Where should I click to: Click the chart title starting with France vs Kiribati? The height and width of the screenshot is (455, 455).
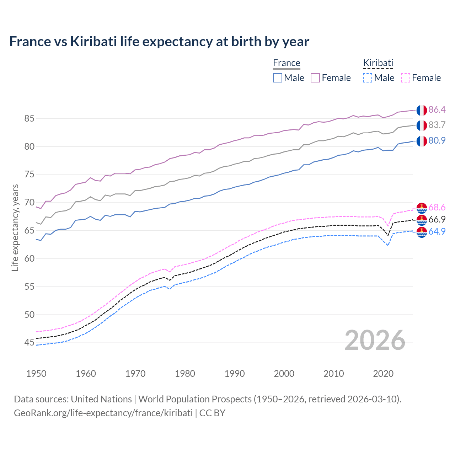pos(159,42)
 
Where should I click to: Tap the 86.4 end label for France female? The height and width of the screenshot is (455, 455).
pos(437,109)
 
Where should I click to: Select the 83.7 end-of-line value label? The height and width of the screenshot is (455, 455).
pos(437,125)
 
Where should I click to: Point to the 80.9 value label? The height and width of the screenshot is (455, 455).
pos(437,140)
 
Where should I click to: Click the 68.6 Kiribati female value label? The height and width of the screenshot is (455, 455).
pos(437,207)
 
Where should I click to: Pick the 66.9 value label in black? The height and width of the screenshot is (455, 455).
pos(437,219)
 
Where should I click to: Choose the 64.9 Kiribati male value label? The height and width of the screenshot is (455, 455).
pos(437,231)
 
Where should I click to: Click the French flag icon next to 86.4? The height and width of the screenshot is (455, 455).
pos(422,110)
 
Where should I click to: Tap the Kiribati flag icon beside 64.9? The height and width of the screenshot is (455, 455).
pos(422,232)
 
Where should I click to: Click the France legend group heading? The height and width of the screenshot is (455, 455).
pos(287,63)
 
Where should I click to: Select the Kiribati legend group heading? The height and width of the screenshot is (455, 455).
pos(378,63)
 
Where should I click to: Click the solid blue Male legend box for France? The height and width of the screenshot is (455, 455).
pos(278,78)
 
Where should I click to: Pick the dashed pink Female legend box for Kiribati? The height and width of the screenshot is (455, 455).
pos(406,78)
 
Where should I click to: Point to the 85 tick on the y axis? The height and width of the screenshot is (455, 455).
pos(29,118)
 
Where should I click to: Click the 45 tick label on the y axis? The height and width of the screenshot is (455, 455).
pos(29,343)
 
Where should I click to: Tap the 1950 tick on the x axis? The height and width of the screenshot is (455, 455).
pos(36,374)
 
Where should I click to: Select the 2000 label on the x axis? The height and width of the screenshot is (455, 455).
pos(284,374)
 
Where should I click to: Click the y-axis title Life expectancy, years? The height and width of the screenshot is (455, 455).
pos(15,227)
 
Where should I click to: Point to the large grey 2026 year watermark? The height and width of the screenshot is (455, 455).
pos(375,340)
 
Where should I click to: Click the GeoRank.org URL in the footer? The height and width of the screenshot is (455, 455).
pos(103,413)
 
